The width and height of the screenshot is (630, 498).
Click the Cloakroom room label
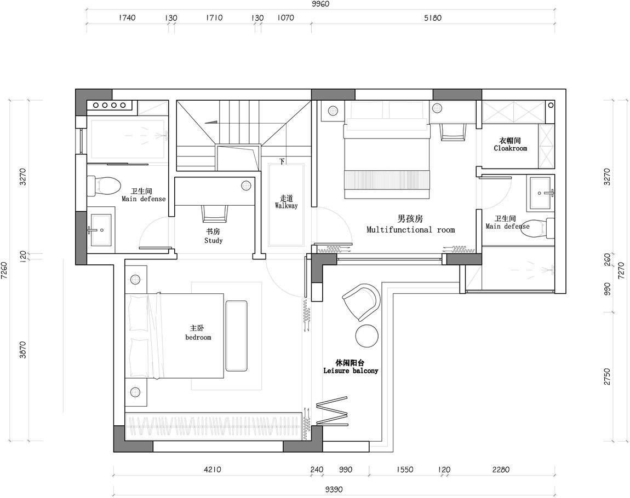pos(510,148)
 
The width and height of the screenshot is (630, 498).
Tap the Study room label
pos(213,240)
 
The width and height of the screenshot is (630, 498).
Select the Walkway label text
pos(287,205)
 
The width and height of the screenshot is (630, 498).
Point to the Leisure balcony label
pos(351,371)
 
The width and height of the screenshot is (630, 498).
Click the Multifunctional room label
pos(411,229)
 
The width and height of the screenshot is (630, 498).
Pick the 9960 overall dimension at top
pos(320,4)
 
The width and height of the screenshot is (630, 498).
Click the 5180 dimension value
pos(433,18)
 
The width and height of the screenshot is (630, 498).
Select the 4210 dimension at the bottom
pos(213,470)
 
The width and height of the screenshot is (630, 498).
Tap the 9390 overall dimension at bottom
pos(334,490)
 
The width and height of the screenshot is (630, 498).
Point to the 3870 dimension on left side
pos(22,350)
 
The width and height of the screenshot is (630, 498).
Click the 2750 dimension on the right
pos(607,377)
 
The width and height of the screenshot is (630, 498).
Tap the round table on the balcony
pos(367,335)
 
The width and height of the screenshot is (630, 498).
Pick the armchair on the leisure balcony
pos(361,301)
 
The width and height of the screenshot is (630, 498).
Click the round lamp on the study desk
pos(246,186)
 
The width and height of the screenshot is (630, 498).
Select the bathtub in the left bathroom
pos(127,137)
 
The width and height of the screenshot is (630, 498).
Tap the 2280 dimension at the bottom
pos(501,470)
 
